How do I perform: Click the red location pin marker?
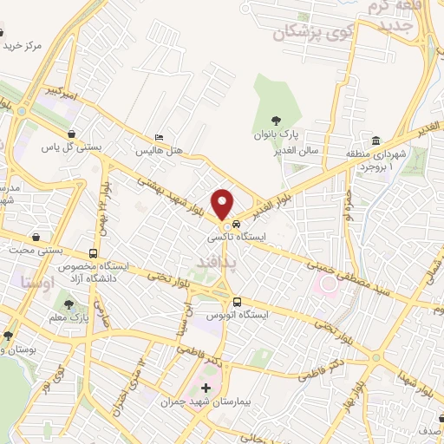coord(224,204)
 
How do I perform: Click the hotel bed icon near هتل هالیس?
coord(158,137)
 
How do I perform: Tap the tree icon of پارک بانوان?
coord(276,121)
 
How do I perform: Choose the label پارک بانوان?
coord(279,135)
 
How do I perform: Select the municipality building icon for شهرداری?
coord(375,141)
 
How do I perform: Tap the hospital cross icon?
coord(206,388)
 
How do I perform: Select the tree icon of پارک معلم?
coord(68,304)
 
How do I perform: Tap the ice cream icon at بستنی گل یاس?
coord(69,134)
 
